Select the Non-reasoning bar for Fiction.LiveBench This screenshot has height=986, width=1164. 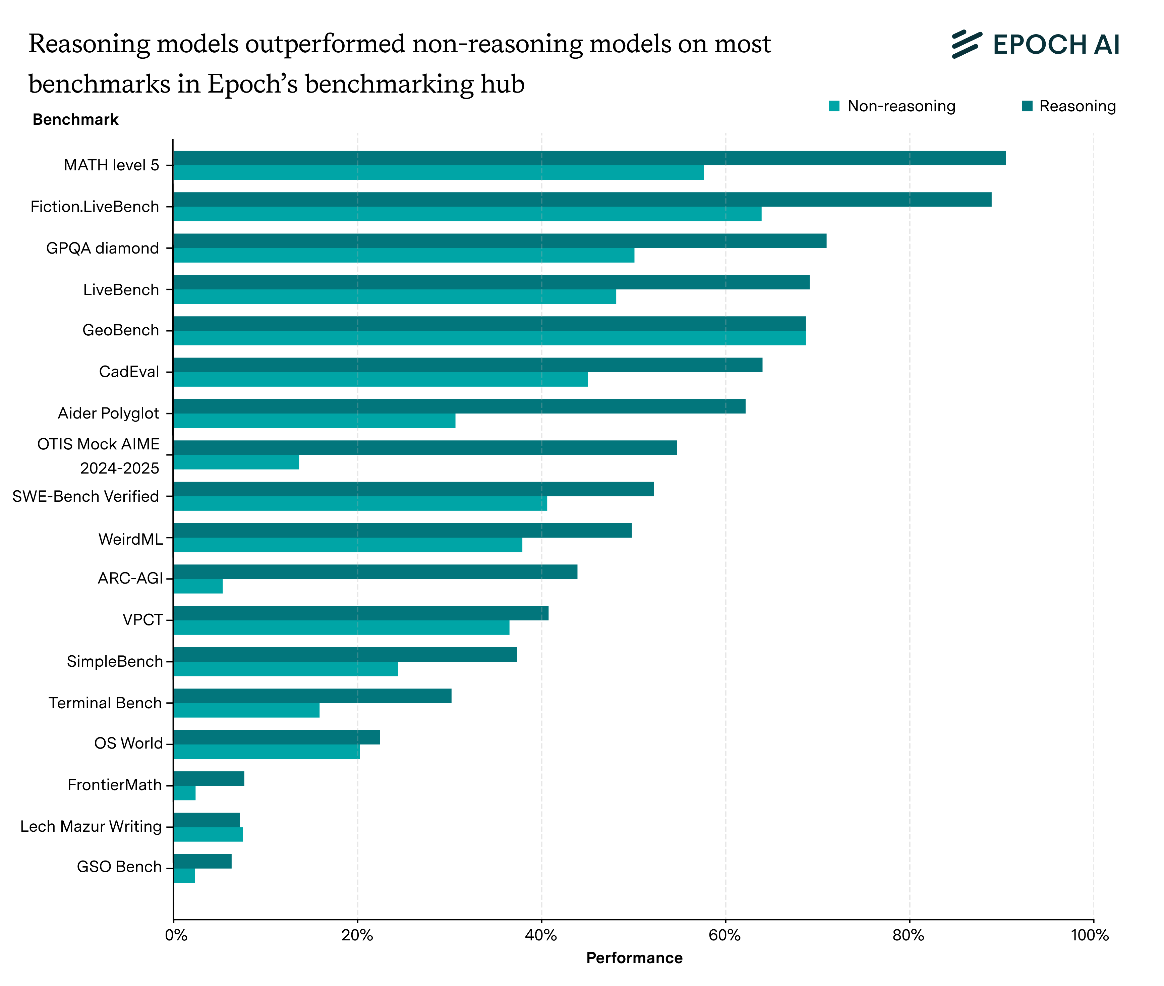click(467, 214)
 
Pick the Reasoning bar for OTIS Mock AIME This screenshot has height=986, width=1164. click(425, 448)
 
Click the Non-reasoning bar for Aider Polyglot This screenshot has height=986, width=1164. click(314, 421)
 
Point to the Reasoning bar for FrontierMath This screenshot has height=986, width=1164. click(209, 779)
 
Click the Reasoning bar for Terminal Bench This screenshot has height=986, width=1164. click(312, 696)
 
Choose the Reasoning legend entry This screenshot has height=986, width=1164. click(1068, 106)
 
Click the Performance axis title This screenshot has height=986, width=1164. click(634, 958)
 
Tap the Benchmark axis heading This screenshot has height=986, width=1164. click(75, 120)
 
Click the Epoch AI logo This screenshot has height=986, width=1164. click(1036, 44)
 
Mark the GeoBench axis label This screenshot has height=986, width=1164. click(121, 330)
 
